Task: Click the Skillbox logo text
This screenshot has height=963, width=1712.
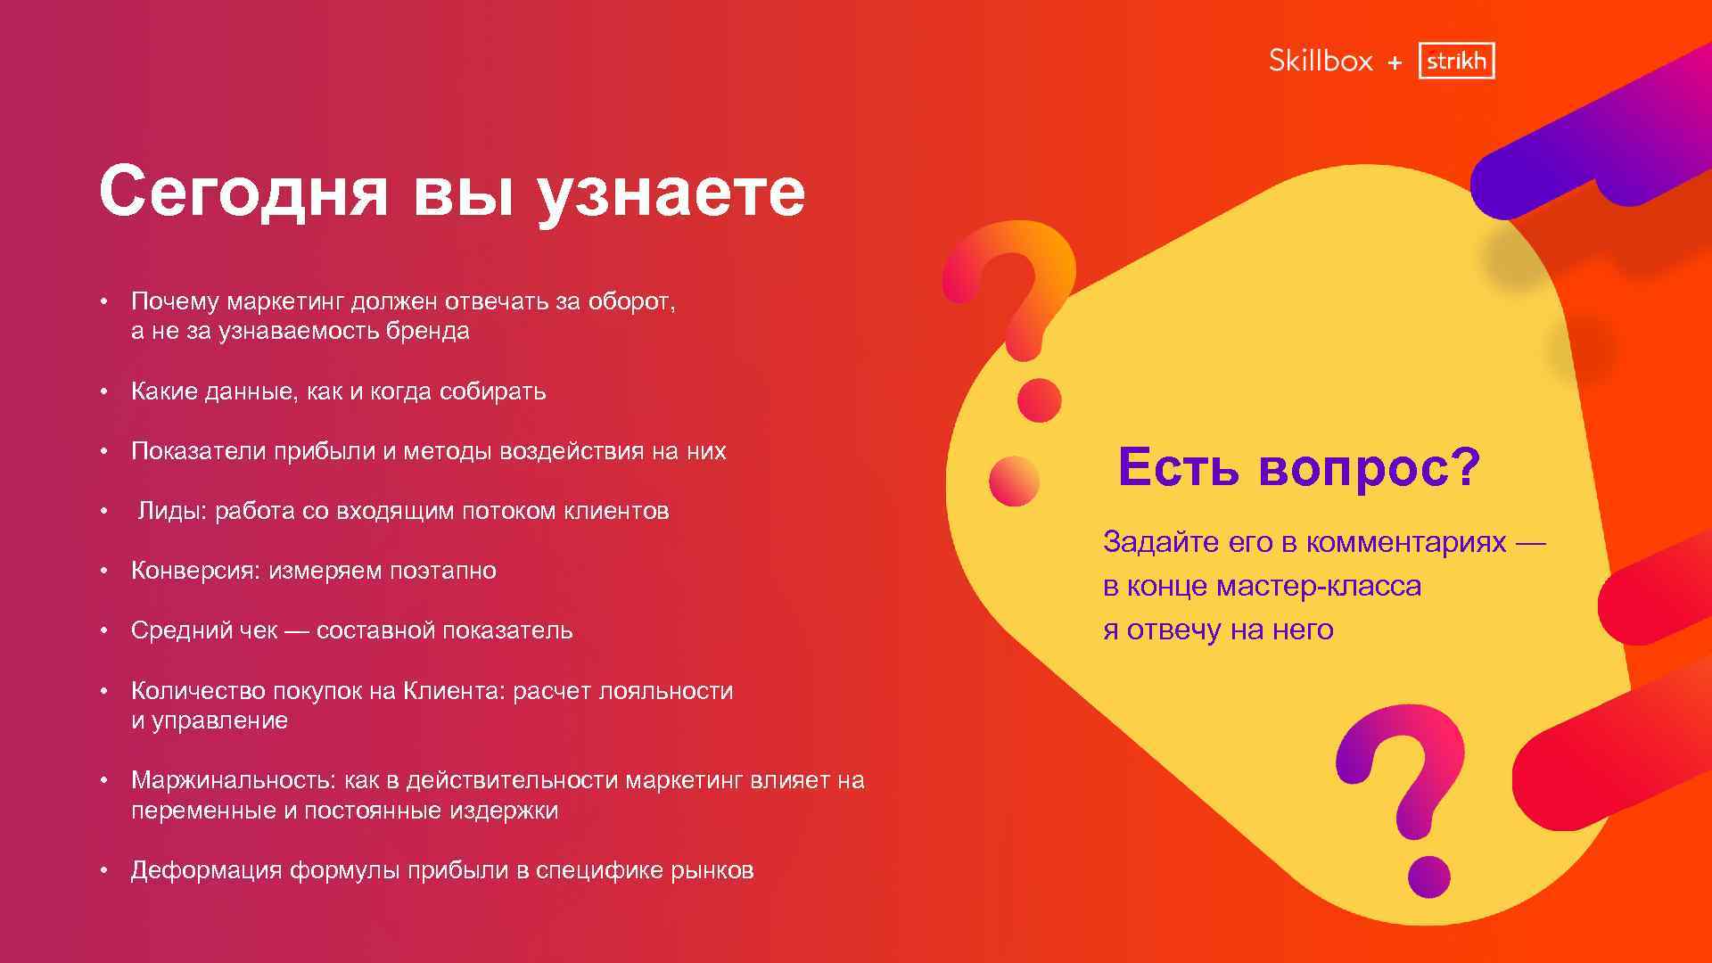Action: click(1321, 61)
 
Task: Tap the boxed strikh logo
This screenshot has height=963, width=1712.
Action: click(1456, 61)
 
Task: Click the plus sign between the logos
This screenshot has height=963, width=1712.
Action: click(1395, 63)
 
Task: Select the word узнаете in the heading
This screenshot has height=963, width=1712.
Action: click(671, 192)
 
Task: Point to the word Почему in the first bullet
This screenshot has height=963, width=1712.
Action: click(175, 302)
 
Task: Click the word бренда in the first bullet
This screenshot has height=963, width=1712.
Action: click(427, 332)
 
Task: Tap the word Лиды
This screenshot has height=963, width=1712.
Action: click(171, 511)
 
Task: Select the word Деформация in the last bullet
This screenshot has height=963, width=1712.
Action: click(207, 870)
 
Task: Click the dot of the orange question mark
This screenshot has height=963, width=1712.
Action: click(1039, 400)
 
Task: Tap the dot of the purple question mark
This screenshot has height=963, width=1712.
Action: click(1428, 877)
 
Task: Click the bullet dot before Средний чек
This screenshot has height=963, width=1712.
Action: click(104, 630)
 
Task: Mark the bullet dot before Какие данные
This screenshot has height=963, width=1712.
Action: click(104, 391)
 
